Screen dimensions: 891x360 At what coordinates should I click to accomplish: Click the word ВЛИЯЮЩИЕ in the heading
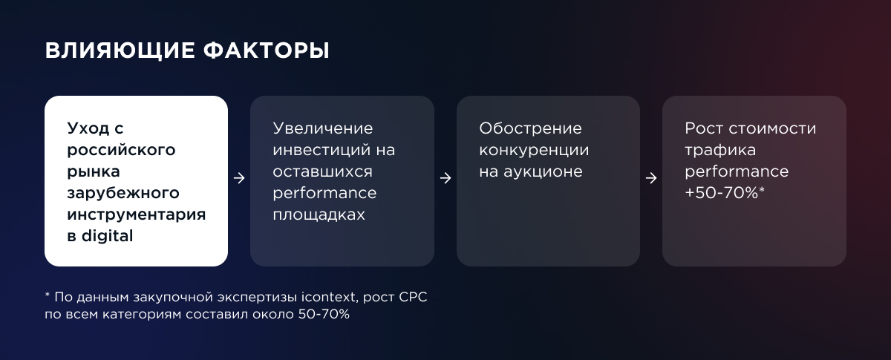[120, 51]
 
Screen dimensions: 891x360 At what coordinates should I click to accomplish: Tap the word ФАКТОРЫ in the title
[267, 50]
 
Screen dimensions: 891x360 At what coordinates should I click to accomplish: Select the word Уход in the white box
[88, 129]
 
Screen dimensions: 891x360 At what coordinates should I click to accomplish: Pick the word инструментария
[136, 215]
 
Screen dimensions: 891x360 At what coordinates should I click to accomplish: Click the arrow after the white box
[239, 178]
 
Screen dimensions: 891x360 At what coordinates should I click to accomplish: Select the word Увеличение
[322, 129]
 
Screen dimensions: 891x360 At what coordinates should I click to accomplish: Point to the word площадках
[319, 215]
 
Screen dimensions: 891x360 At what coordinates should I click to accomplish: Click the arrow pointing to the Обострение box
[446, 178]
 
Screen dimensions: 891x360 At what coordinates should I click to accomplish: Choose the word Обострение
[530, 129]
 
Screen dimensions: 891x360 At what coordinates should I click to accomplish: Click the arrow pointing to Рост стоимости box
[651, 178]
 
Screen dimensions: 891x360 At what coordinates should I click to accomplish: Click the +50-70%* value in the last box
[725, 193]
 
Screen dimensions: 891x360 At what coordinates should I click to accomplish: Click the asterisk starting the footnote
[48, 295]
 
